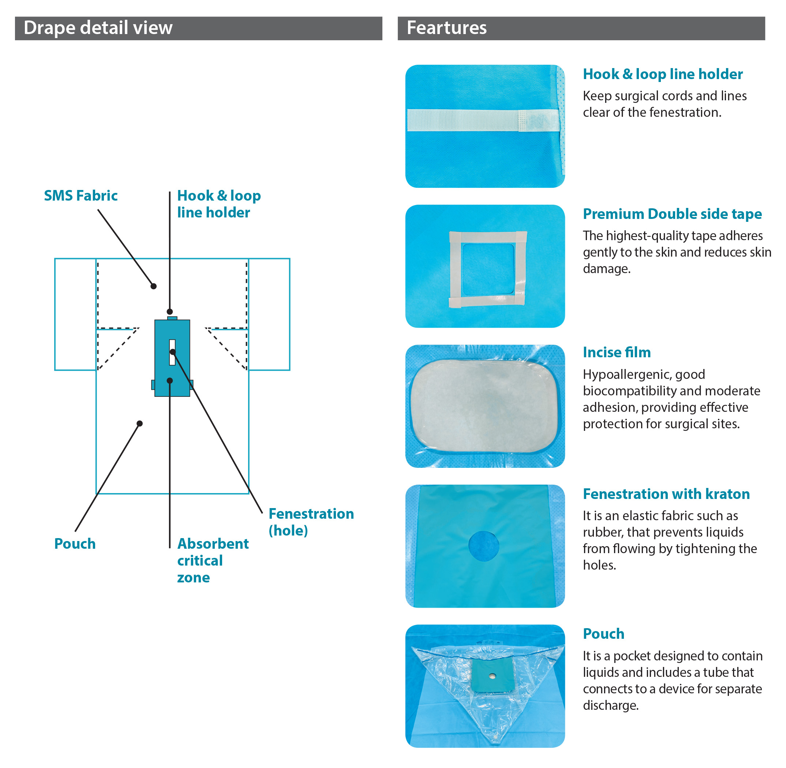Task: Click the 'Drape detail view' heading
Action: (98, 28)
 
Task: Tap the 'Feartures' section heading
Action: (446, 28)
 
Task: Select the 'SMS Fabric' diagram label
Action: (81, 195)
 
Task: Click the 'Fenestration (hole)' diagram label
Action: (311, 522)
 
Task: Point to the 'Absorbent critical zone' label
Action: (213, 560)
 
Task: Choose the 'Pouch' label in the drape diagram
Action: (75, 544)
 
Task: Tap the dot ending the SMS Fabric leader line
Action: (154, 286)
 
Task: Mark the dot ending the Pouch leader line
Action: (139, 424)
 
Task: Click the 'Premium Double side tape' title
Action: (672, 214)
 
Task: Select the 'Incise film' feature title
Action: (617, 353)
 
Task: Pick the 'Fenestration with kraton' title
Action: (666, 494)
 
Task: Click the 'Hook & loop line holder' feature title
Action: (663, 74)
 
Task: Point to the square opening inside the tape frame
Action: (488, 269)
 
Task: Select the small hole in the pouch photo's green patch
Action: (492, 676)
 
